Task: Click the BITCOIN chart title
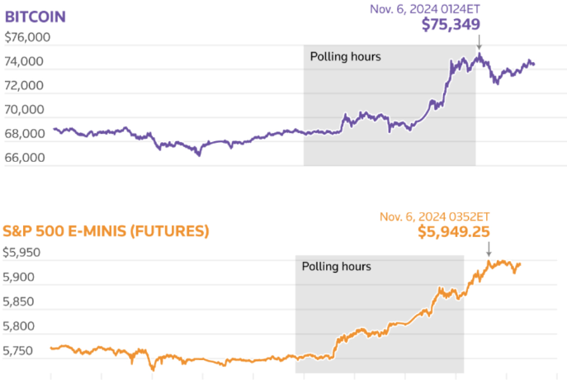click(35, 17)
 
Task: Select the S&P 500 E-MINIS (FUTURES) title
click(106, 230)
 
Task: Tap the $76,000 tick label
click(28, 37)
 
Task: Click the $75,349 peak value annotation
click(451, 25)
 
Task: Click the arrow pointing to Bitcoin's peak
click(479, 42)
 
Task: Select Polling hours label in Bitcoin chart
click(345, 57)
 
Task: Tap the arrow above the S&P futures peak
click(488, 249)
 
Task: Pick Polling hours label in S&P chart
click(336, 267)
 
